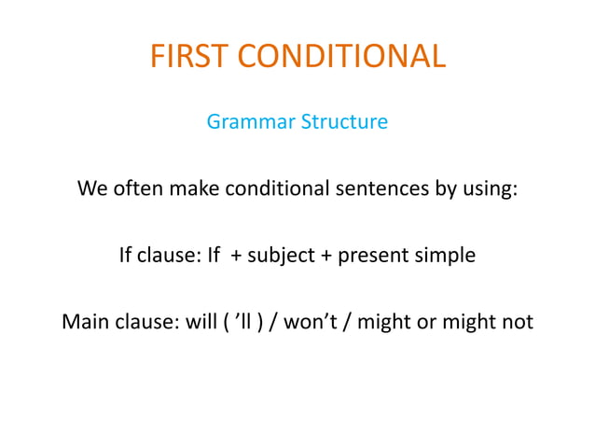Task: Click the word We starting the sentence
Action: coord(92,188)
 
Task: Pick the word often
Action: coord(136,188)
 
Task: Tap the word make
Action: coord(190,188)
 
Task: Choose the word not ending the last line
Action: coord(518,322)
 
